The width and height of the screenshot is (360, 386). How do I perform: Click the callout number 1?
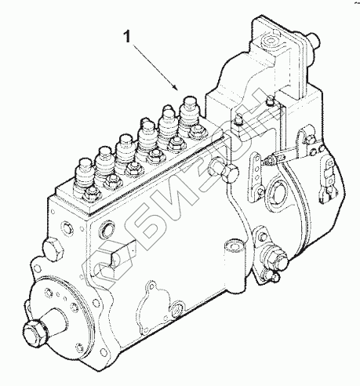click(127, 36)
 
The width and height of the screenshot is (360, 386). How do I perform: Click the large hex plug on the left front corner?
click(53, 249)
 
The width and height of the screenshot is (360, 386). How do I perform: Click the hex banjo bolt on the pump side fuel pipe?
click(230, 174)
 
